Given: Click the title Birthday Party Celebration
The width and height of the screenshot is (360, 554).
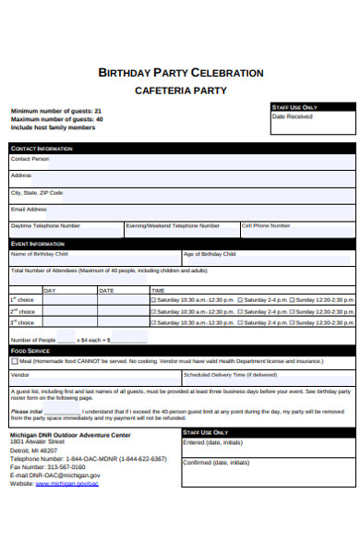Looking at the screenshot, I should tap(181, 73).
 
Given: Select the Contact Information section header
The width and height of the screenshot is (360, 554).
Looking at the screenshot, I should tap(42, 148).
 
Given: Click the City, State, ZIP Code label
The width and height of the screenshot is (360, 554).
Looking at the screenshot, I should tap(37, 193).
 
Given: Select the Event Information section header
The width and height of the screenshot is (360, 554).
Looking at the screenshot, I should tap(38, 244).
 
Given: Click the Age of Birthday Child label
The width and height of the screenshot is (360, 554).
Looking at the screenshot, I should tap(210, 254).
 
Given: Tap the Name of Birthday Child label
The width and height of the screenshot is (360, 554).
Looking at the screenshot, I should tap(39, 254).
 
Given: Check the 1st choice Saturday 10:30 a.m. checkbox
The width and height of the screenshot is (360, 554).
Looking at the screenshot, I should tap(152, 300).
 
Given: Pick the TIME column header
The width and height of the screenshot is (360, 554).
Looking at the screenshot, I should tap(159, 290).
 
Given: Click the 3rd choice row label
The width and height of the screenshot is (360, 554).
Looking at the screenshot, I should tap(22, 323).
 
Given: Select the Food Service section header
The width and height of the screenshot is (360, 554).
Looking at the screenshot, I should tap(30, 351).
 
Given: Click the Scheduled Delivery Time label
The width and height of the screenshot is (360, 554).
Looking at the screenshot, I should tap(230, 375).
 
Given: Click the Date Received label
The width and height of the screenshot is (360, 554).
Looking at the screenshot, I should tap(292, 117).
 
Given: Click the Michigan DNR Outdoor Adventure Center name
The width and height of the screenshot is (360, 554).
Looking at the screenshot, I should tap(70, 434).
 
